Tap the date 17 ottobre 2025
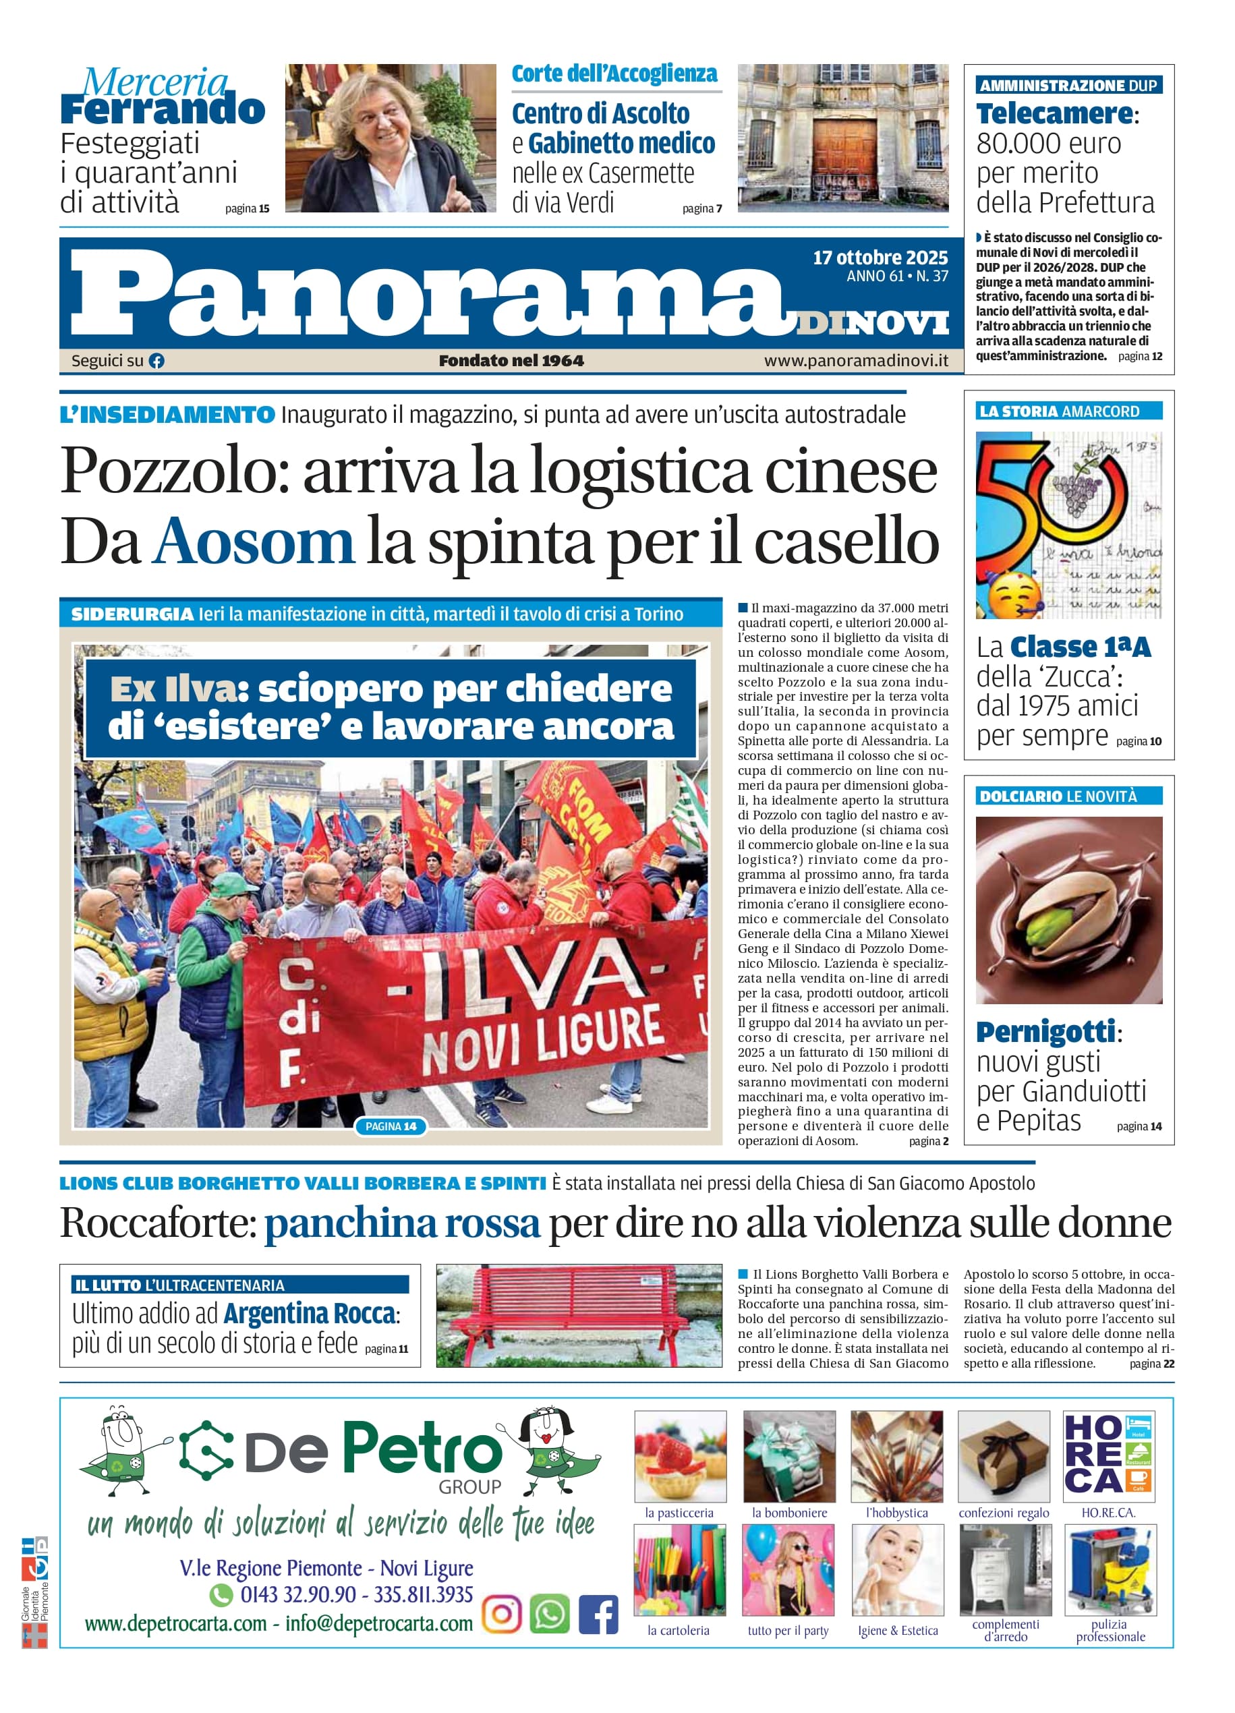(880, 258)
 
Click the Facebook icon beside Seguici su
(156, 361)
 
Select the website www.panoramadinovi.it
(856, 361)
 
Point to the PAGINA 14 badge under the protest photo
(391, 1126)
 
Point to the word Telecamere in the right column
(1054, 114)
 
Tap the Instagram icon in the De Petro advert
(502, 1615)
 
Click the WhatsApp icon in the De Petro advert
(549, 1615)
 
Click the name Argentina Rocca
(309, 1314)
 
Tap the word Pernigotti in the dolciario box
(1045, 1031)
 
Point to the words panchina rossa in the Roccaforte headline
(402, 1224)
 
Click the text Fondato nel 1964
(511, 361)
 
